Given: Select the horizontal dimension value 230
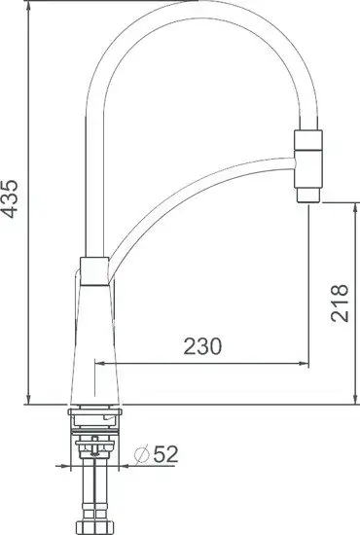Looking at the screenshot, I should (x=201, y=346).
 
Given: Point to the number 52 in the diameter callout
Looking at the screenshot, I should (x=166, y=452).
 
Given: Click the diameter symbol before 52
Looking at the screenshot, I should (x=140, y=452).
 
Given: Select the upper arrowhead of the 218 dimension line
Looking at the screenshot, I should (x=351, y=205).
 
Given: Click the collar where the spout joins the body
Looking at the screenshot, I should (x=93, y=268).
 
